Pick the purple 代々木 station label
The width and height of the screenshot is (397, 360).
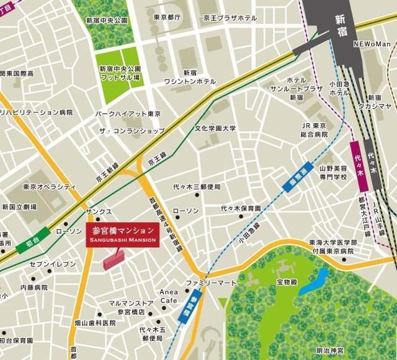click(356, 159)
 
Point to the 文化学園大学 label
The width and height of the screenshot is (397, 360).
click(215, 129)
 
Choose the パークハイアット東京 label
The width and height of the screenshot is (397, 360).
click(128, 115)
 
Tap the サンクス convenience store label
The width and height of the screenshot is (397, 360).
click(99, 212)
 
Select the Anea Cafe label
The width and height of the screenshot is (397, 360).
click(168, 296)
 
